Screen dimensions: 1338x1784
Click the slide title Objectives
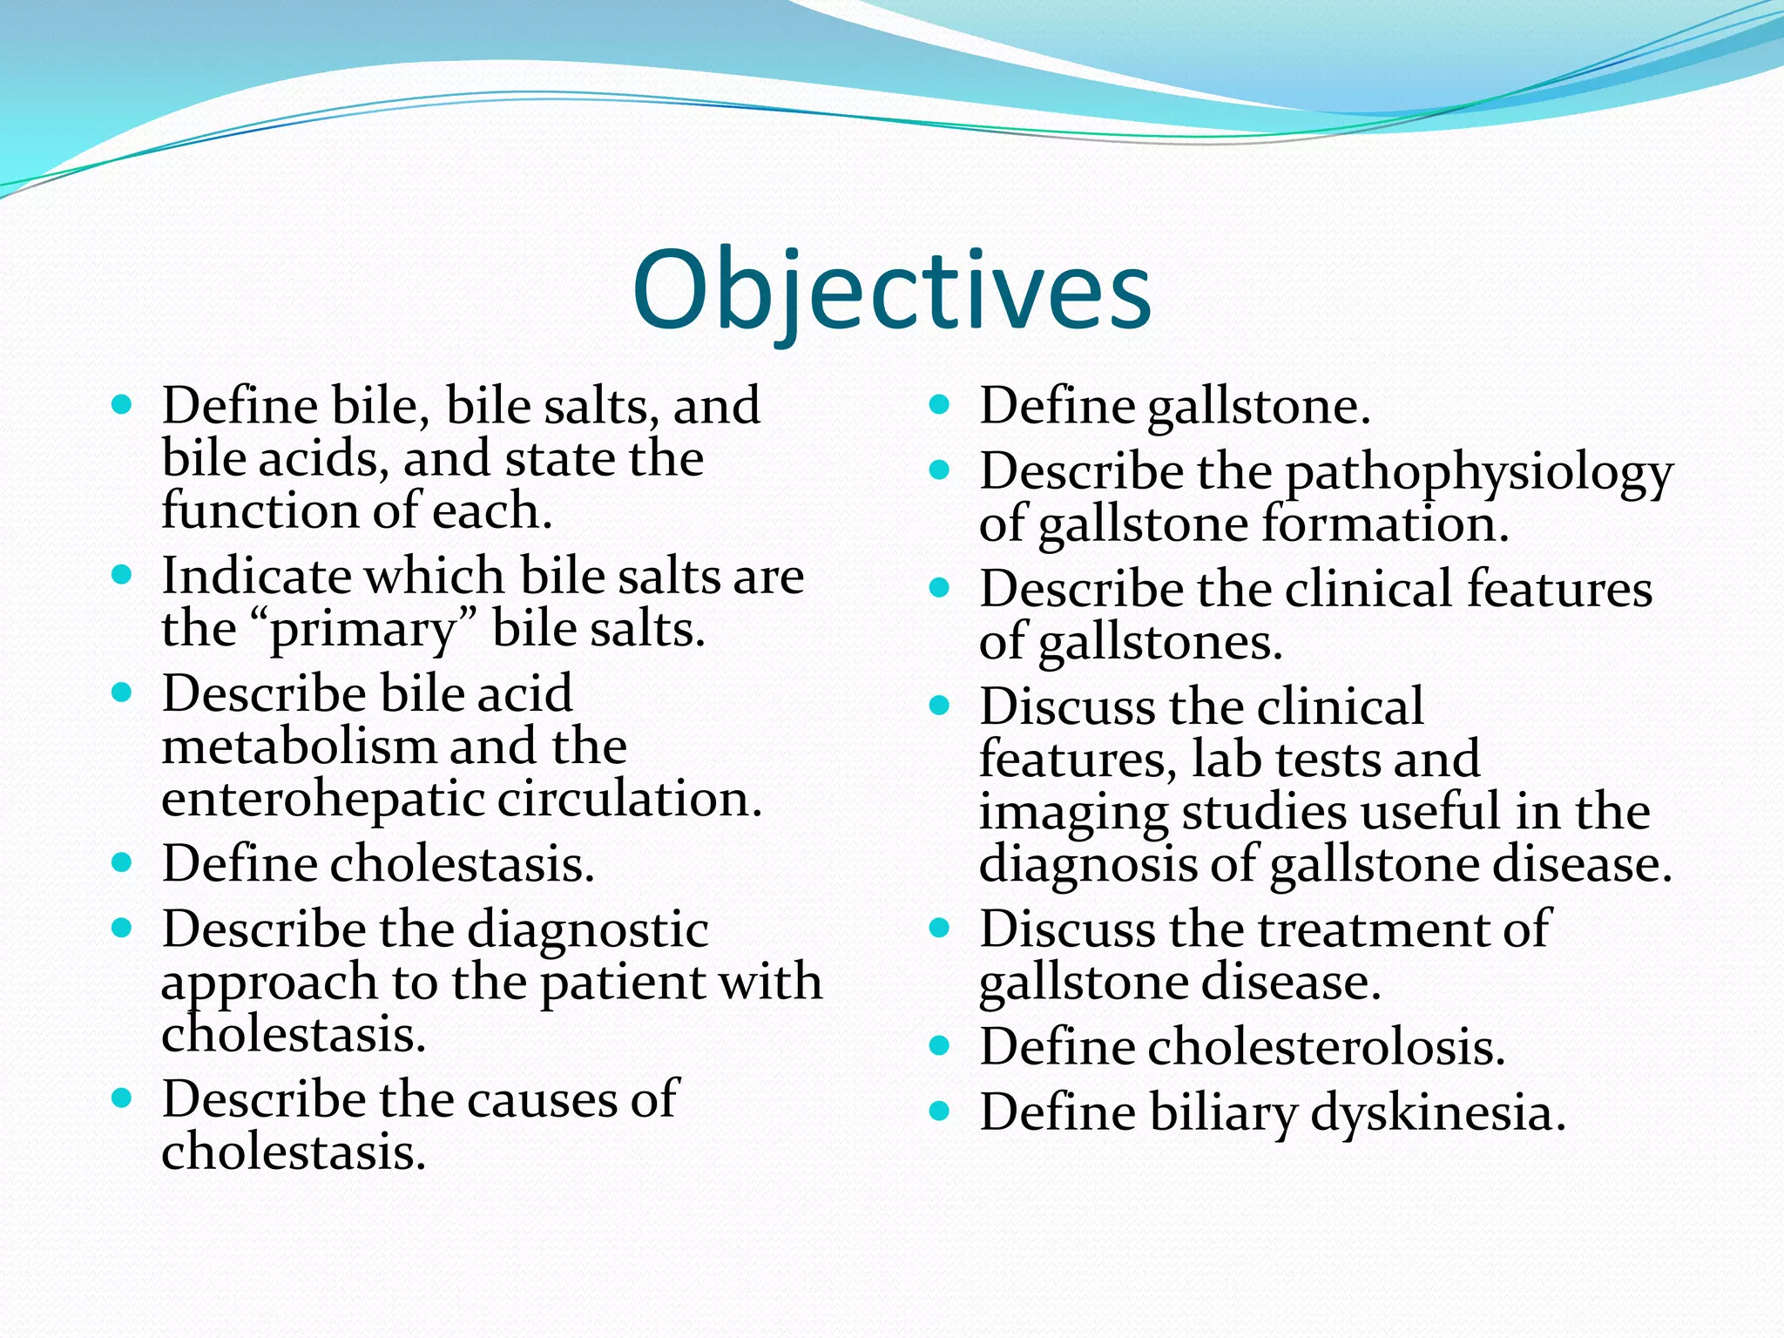click(892, 292)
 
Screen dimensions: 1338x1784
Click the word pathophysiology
click(1478, 475)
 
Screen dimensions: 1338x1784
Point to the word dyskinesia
click(1437, 1113)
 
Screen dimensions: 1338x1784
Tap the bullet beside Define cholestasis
click(122, 862)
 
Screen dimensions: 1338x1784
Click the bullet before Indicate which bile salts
click(122, 574)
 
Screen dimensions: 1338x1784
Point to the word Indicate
click(255, 576)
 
